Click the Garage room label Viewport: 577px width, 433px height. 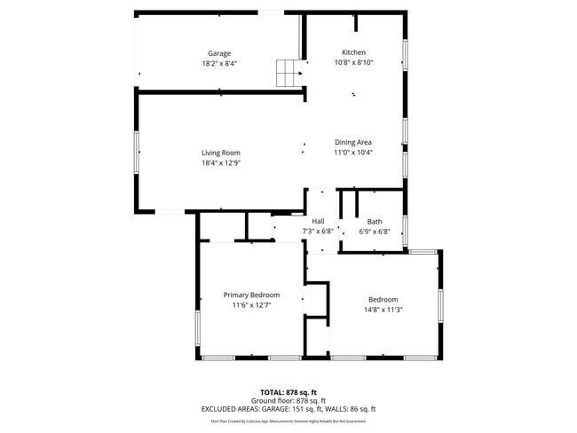coord(219,53)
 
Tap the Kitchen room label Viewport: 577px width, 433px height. coord(353,52)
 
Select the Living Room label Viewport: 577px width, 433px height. coord(220,153)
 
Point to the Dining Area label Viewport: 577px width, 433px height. coord(352,142)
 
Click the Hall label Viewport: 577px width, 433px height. coord(318,222)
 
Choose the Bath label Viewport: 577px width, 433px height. coord(375,222)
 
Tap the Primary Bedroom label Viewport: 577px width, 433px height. coord(251,295)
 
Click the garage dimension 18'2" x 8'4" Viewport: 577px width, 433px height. coord(219,64)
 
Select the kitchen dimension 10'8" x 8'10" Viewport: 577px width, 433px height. coord(353,63)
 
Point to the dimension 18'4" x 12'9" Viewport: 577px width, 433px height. coord(220,163)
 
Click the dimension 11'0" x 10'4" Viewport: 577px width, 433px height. coord(352,153)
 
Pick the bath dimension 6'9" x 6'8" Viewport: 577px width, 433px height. coord(375,232)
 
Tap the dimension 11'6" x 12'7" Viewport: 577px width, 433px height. coord(251,305)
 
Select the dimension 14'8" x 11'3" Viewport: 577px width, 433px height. coord(383,310)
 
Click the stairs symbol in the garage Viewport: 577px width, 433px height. coord(288,73)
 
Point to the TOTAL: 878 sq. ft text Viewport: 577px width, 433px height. coord(288,391)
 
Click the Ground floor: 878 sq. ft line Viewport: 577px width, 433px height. coord(288,400)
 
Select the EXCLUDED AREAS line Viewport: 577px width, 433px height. coord(288,409)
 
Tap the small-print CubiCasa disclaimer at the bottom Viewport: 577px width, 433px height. coord(288,421)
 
